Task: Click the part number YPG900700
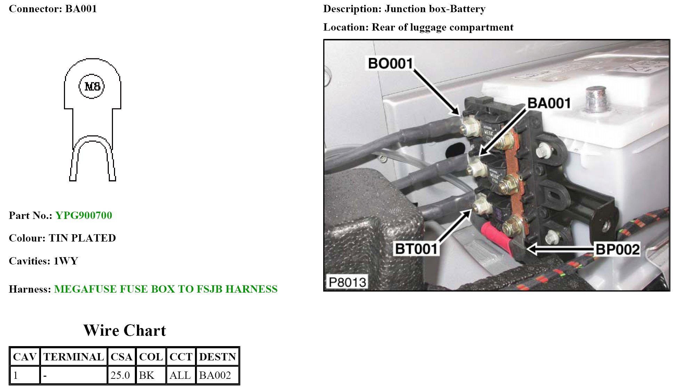pos(83,215)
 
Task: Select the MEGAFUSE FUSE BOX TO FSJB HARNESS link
pos(166,289)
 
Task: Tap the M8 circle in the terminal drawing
pos(92,86)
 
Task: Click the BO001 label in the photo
pos(390,64)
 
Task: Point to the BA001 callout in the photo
pos(549,103)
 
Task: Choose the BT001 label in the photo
pos(416,249)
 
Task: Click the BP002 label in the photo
pos(617,250)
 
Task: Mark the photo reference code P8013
pos(347,282)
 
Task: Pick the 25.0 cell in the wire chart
pos(120,375)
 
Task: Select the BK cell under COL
pos(146,375)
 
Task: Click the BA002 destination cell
pos(215,375)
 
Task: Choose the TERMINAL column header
pos(74,357)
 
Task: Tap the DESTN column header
pos(218,357)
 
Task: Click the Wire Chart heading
pos(125,330)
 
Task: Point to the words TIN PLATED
pos(82,238)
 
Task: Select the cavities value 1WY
pos(66,261)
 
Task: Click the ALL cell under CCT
pos(180,375)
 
